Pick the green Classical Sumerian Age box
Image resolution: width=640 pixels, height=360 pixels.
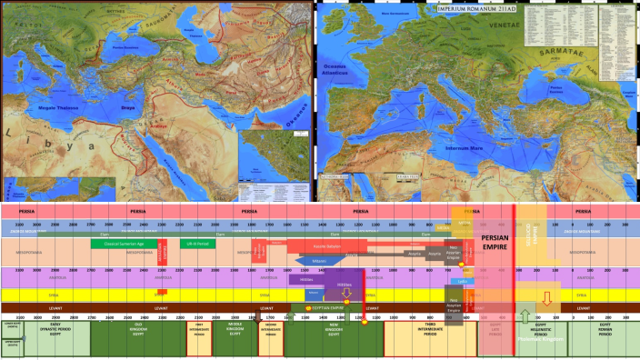125,245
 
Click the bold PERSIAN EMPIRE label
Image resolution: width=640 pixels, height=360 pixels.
495,244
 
